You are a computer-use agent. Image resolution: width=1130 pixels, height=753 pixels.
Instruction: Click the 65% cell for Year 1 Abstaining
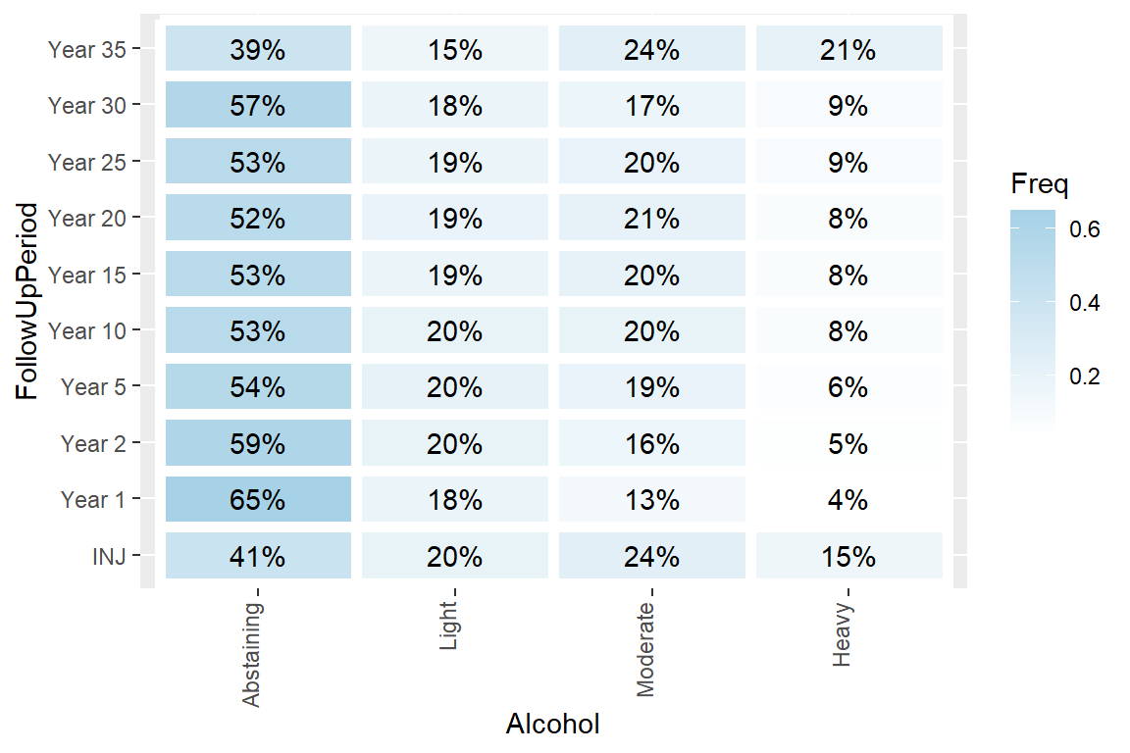click(x=258, y=500)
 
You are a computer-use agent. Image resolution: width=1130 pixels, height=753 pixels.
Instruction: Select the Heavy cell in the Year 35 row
click(x=848, y=49)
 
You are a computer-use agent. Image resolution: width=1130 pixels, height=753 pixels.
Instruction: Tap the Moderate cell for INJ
click(x=651, y=556)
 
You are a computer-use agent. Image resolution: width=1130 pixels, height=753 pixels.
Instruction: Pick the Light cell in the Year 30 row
click(x=455, y=105)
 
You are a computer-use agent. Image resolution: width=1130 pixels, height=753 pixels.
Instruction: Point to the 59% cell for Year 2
click(x=258, y=444)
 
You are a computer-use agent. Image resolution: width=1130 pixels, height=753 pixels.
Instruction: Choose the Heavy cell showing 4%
click(x=848, y=500)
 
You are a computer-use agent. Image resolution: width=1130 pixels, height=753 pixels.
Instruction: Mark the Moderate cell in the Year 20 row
click(x=651, y=218)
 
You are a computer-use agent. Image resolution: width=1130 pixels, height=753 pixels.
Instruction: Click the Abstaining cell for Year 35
click(x=258, y=49)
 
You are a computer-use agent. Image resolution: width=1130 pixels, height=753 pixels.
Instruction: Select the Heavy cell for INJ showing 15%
click(x=848, y=556)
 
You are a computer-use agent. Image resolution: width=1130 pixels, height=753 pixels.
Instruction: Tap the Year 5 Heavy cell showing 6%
click(x=848, y=387)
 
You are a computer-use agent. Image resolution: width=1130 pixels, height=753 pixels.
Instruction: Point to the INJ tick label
click(x=109, y=557)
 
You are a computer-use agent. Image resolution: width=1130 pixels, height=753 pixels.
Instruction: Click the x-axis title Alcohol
click(x=552, y=725)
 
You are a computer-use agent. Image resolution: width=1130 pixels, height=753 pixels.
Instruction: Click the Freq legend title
click(x=1039, y=183)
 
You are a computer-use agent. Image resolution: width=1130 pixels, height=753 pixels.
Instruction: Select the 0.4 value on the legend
click(x=1085, y=303)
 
